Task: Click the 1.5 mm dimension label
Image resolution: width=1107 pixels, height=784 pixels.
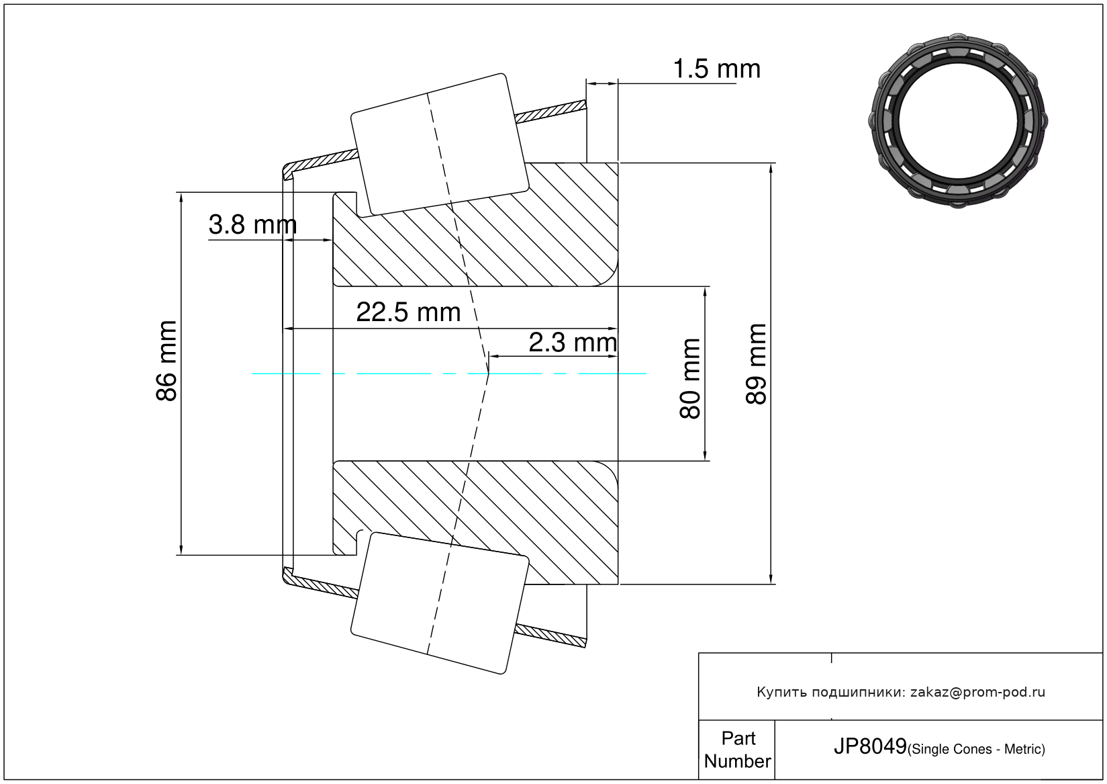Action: point(716,69)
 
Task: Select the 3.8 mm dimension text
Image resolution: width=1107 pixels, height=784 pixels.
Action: point(252,224)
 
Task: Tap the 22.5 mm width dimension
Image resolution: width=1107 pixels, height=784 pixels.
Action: point(408,312)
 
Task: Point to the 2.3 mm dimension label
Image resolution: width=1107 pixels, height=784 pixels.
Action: point(573,343)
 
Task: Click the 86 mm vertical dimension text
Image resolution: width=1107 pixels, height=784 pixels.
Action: point(166,361)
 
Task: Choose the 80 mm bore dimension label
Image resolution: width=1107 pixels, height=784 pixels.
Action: point(690,379)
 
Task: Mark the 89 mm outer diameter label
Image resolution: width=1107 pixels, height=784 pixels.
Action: point(756,364)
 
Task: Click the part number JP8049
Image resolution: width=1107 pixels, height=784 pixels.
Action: point(870,746)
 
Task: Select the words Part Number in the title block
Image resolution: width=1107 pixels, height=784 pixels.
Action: point(737,749)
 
